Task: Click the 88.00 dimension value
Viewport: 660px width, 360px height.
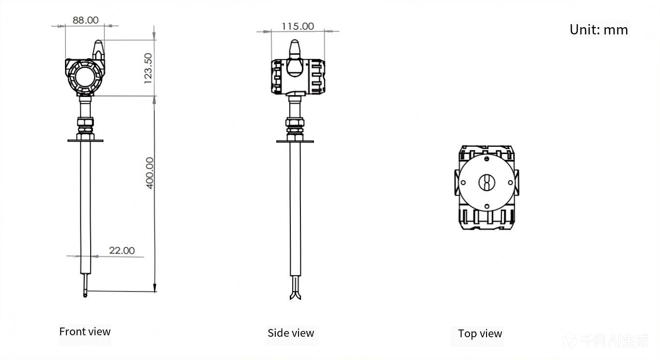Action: coord(85,20)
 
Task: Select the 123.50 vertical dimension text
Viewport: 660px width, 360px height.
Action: coord(148,68)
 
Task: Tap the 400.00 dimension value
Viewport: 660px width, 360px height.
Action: coord(150,173)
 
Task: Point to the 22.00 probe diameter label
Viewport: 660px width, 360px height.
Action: coord(122,250)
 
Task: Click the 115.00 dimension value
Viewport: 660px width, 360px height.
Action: coord(298,26)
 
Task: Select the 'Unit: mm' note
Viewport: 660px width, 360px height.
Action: coord(599,30)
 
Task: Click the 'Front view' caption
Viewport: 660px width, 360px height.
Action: coord(85,332)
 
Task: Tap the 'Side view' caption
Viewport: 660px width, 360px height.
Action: coord(291,333)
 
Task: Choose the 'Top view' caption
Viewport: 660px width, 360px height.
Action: coord(480,334)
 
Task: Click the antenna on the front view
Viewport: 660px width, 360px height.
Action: coord(98,50)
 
